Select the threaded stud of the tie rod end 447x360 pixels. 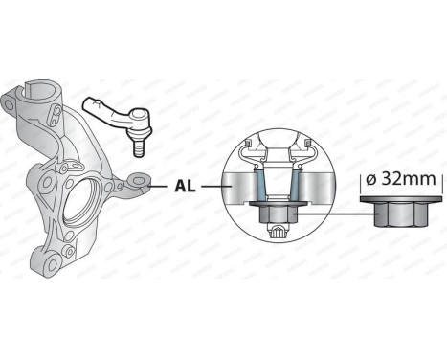(x=139, y=146)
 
